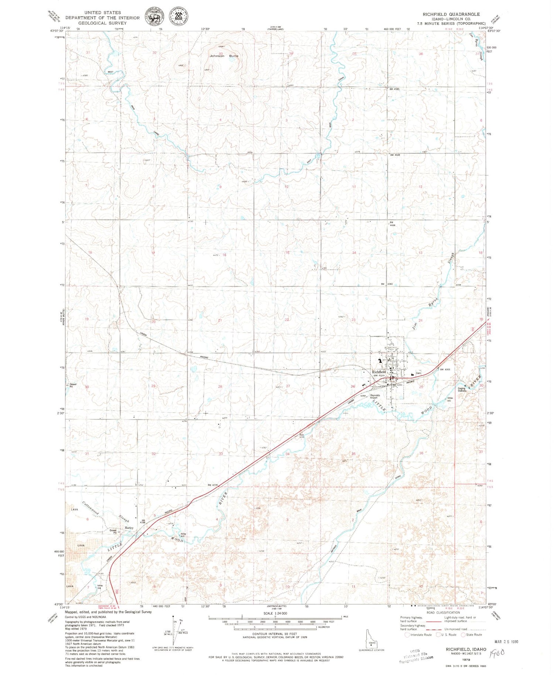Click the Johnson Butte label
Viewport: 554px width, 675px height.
pos(224,56)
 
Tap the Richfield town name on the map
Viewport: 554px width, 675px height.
pos(379,372)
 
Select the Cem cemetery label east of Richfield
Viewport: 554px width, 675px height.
pos(418,373)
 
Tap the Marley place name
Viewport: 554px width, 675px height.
pos(129,528)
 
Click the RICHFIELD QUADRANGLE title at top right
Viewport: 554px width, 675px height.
pos(451,14)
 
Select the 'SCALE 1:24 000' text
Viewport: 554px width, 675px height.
pos(275,613)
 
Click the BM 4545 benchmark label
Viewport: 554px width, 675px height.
pos(394,89)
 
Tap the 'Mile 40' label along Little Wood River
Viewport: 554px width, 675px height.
pos(183,535)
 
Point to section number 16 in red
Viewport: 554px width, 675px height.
pos(224,255)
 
